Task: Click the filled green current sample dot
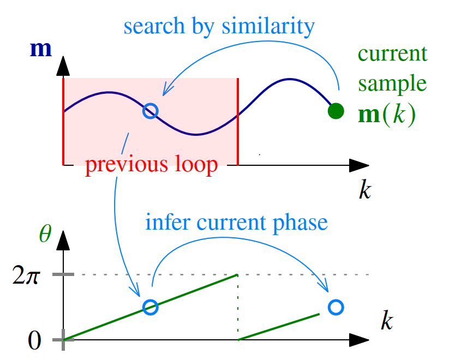click(336, 111)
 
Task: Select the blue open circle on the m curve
click(150, 111)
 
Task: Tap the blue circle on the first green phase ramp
click(150, 307)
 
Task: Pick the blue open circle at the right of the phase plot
click(337, 307)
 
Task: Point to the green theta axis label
click(45, 234)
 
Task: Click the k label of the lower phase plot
click(386, 320)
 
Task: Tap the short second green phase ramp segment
click(279, 327)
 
